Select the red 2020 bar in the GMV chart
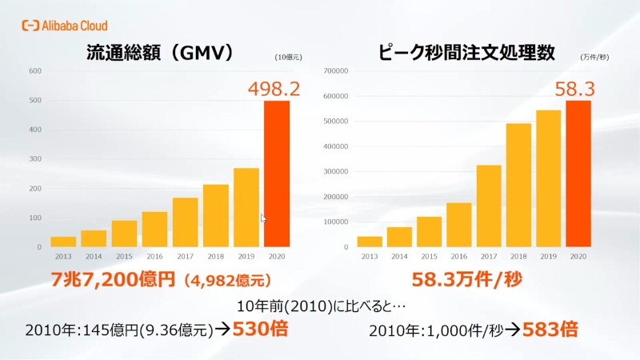click(x=277, y=174)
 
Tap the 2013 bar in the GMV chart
click(x=63, y=242)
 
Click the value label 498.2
click(x=273, y=87)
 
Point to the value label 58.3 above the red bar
click(x=575, y=88)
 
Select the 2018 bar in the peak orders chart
click(x=518, y=185)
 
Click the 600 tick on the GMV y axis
click(x=34, y=70)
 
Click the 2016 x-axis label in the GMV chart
click(x=154, y=257)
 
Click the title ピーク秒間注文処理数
click(x=467, y=54)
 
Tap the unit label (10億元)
click(x=287, y=57)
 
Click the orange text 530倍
click(x=259, y=328)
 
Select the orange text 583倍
click(x=550, y=328)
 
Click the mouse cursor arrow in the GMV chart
click(x=263, y=218)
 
